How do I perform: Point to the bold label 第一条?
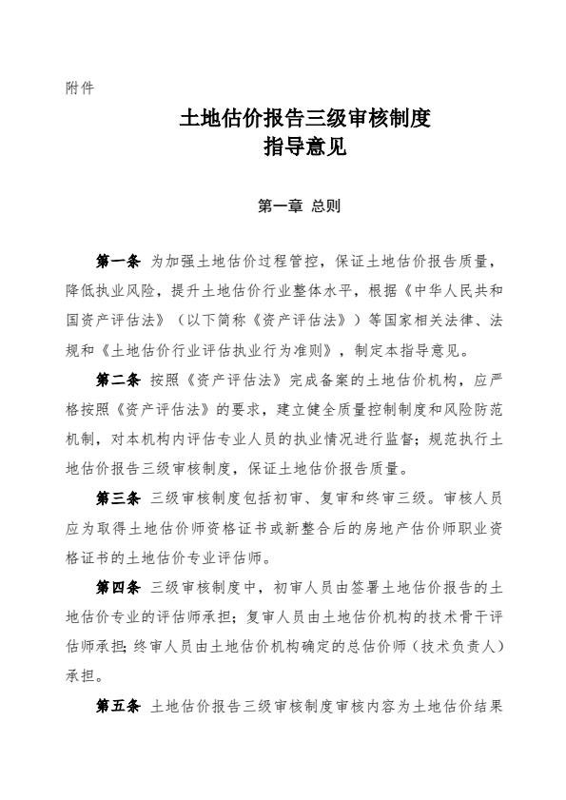[119, 261]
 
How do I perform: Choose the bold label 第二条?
[119, 380]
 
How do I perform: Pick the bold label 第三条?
[119, 498]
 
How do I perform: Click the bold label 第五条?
[119, 707]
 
